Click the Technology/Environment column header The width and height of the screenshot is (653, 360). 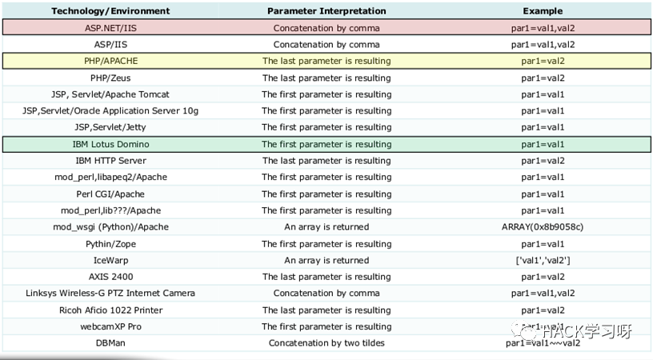(x=110, y=11)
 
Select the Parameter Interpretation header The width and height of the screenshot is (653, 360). (x=326, y=11)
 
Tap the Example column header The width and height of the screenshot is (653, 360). (x=543, y=11)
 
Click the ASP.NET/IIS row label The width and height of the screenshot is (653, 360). (x=110, y=28)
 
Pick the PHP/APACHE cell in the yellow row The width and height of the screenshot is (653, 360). (x=110, y=61)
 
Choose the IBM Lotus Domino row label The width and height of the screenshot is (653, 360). (x=110, y=144)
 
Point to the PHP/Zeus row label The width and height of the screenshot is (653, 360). (x=110, y=78)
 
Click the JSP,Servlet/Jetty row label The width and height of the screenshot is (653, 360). (x=110, y=127)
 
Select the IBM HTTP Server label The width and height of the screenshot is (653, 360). (x=110, y=161)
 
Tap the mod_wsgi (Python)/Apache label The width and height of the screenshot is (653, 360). (x=110, y=227)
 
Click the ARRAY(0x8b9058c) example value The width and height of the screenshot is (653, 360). (x=543, y=227)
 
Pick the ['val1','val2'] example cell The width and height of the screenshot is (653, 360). (x=543, y=260)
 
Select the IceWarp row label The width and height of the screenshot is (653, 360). (x=110, y=260)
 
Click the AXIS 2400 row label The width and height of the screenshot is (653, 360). (x=110, y=277)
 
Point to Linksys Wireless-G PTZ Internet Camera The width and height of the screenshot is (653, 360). (x=110, y=294)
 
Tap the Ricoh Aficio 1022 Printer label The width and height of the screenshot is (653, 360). (x=110, y=310)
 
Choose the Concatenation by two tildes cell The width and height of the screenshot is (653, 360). (x=326, y=343)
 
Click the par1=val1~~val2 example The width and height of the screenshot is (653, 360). (x=543, y=343)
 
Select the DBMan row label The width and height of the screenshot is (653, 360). (x=110, y=343)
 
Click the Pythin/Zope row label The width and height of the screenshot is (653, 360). (x=110, y=244)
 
